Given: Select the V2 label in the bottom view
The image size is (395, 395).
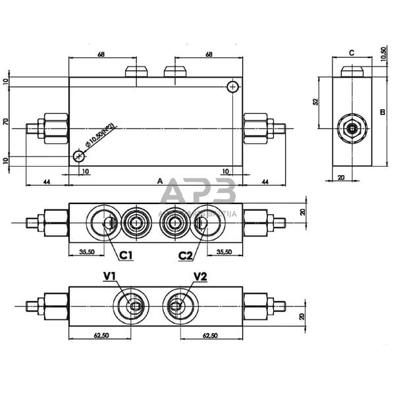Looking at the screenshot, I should coord(200,277).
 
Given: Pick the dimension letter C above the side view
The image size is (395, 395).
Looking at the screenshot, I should coord(352,53).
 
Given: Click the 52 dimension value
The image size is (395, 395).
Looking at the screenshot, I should coord(316,103).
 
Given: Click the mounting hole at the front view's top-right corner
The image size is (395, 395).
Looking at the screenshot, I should coord(232,87).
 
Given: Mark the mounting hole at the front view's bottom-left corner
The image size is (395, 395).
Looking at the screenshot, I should coord(79,156).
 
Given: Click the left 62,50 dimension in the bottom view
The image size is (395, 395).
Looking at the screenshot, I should coord(101,335).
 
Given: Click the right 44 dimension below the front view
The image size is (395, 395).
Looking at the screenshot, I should coord(265,180).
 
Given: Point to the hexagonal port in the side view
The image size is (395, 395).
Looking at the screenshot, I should coord(352,128).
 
